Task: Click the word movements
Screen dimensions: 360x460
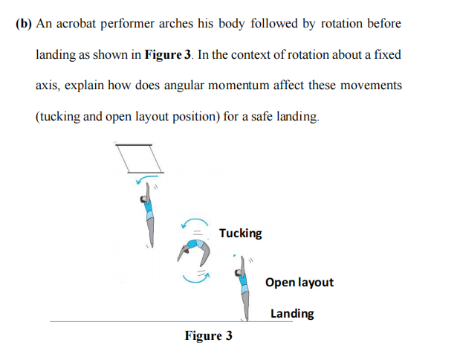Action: (x=369, y=85)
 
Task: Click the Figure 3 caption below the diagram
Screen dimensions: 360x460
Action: (x=208, y=336)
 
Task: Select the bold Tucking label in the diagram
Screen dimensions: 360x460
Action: (x=240, y=234)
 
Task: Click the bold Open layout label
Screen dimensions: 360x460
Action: (x=299, y=283)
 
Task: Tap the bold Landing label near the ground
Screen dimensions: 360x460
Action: (x=291, y=314)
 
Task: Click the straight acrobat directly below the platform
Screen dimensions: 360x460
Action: (x=150, y=216)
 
